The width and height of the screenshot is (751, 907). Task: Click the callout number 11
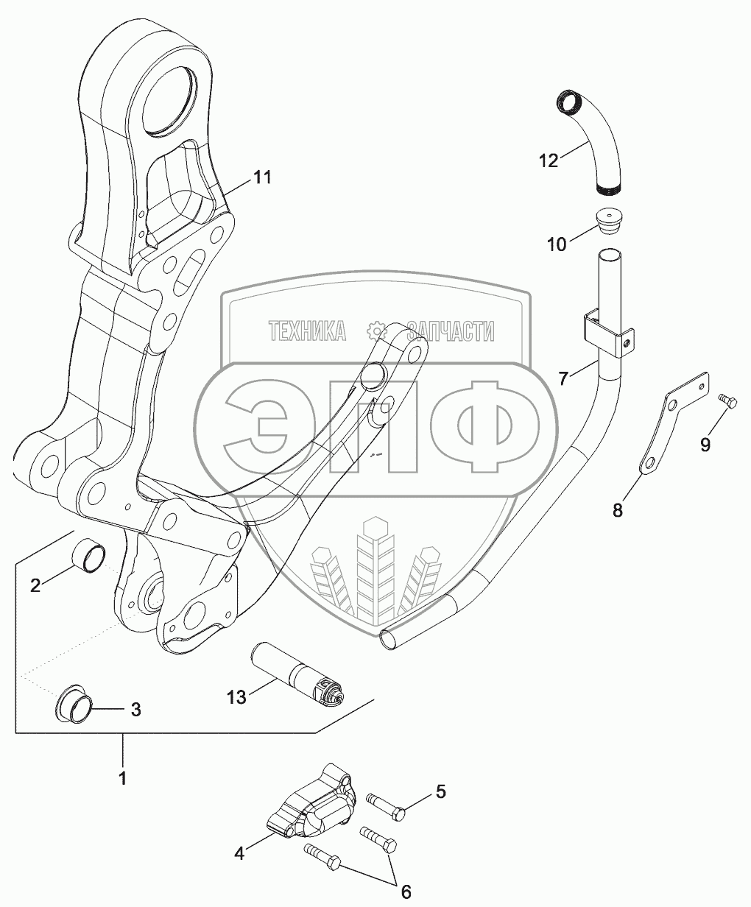pyautogui.click(x=262, y=177)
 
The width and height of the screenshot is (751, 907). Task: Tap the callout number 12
pyautogui.click(x=548, y=161)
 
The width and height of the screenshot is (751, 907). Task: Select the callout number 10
pyautogui.click(x=557, y=244)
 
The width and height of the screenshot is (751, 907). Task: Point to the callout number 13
pyautogui.click(x=237, y=698)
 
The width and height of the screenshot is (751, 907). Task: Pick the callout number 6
pyautogui.click(x=405, y=892)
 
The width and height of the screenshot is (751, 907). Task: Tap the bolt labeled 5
pyautogui.click(x=386, y=807)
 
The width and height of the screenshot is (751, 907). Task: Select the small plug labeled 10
pyautogui.click(x=610, y=222)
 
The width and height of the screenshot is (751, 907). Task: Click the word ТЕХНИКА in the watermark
pyautogui.click(x=308, y=331)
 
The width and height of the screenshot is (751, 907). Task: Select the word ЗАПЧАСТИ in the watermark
pyautogui.click(x=451, y=331)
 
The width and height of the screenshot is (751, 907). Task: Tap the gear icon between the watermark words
pyautogui.click(x=376, y=332)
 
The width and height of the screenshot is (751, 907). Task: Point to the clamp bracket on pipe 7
pyautogui.click(x=609, y=332)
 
